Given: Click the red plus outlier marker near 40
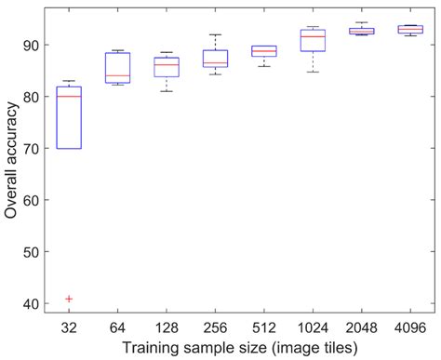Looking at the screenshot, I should pos(69,299).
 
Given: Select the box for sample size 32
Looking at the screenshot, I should pos(69,117).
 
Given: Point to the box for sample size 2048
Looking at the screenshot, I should pos(361,31).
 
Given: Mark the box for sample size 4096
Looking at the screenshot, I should pos(409,29).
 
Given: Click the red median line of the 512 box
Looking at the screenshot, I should pos(264,52).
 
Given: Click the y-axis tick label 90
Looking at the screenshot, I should pos(31,45).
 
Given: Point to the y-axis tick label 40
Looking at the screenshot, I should pos(31,303).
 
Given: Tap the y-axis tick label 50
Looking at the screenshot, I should pos(31,251).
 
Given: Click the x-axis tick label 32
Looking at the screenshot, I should pos(69,327).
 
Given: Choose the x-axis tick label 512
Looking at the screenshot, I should pos(264,327).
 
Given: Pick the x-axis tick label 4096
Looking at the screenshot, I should pos(409,327).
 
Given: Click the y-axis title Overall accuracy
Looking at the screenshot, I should pos(11,162).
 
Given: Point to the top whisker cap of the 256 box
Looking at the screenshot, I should pos(215,34).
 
